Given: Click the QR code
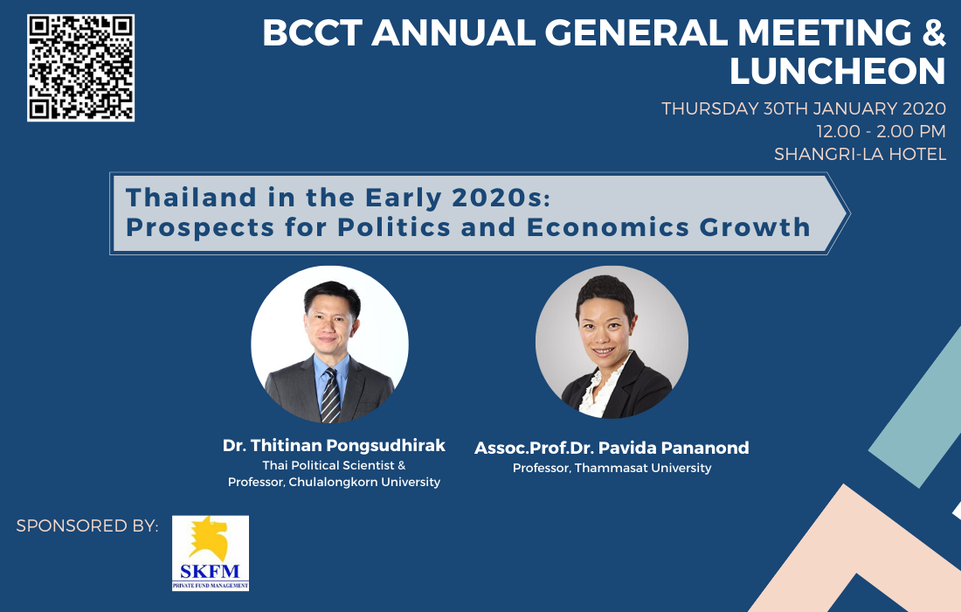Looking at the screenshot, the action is [x=81, y=68].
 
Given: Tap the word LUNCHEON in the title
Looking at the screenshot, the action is [x=837, y=71].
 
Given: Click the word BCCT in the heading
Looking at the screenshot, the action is [x=312, y=32].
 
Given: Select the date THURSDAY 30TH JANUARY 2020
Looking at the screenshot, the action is [x=804, y=108].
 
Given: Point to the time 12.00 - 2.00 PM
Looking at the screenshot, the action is [x=881, y=131].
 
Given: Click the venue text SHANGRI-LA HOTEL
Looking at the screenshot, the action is [x=860, y=154].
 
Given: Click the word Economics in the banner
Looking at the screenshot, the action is [x=608, y=227].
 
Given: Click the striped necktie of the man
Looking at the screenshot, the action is [x=330, y=395].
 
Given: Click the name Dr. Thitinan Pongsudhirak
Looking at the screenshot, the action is [x=334, y=445].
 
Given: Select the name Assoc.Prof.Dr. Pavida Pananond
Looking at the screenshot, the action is [x=612, y=448].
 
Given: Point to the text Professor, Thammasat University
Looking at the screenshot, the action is [x=612, y=468].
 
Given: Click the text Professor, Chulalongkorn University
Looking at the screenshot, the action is [x=334, y=482].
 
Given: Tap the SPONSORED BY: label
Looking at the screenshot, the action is [x=87, y=526].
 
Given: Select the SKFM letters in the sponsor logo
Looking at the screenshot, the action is [x=210, y=572].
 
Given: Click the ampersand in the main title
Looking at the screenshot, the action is [x=933, y=32].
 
